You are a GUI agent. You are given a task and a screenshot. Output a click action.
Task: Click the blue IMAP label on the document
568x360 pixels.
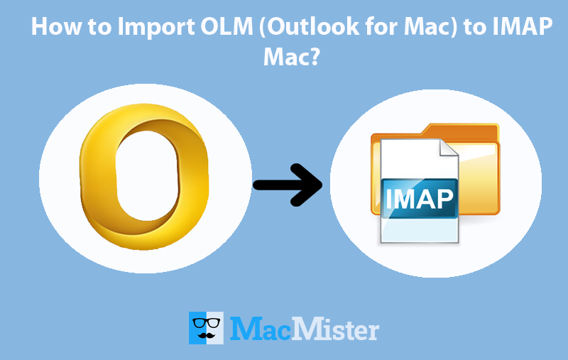pos(419,197)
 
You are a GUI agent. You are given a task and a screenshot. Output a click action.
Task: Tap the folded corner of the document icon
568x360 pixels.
pos(448,149)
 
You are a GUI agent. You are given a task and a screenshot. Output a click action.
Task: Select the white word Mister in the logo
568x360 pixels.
pos(337,329)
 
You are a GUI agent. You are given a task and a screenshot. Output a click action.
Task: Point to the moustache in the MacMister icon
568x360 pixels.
pos(207,334)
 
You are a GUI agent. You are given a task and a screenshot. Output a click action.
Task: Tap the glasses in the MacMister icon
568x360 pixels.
pos(207,320)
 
